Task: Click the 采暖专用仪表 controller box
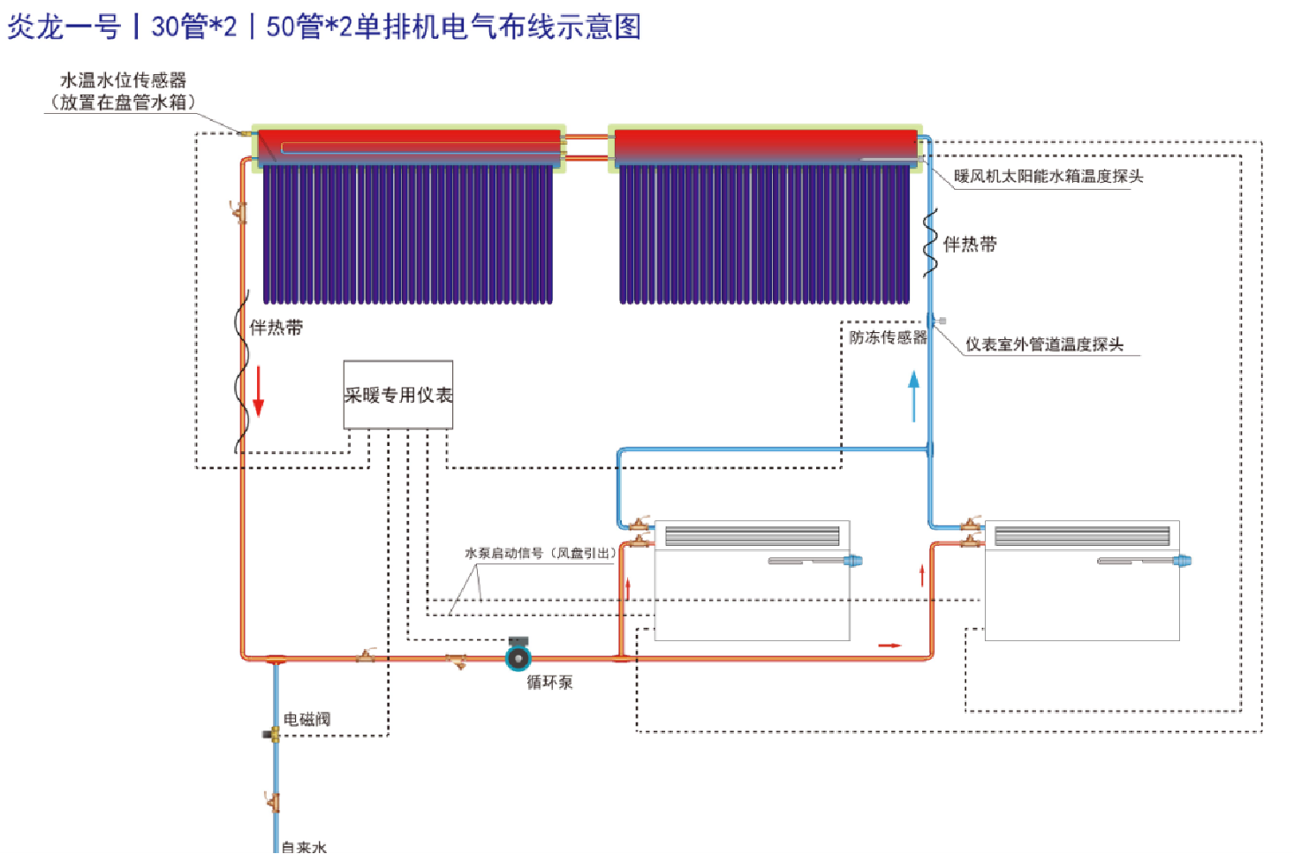pyautogui.click(x=398, y=395)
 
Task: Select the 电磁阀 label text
pyautogui.click(x=306, y=719)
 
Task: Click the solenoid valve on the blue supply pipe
pyautogui.click(x=272, y=735)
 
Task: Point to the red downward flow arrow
pyautogui.click(x=258, y=391)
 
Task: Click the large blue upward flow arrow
pyautogui.click(x=914, y=397)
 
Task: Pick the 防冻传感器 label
pyautogui.click(x=888, y=337)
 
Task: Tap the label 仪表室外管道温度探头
pyautogui.click(x=1044, y=344)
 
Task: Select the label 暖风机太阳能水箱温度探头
pyautogui.click(x=1048, y=176)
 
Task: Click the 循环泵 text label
pyautogui.click(x=549, y=683)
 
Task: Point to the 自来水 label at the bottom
pyautogui.click(x=304, y=847)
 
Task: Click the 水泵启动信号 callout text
pyautogui.click(x=541, y=553)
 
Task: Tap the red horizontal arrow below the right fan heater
pyautogui.click(x=889, y=645)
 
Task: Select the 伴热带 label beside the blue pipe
pyautogui.click(x=970, y=245)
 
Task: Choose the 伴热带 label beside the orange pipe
pyautogui.click(x=276, y=328)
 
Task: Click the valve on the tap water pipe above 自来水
pyautogui.click(x=272, y=802)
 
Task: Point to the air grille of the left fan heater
pyautogui.click(x=753, y=535)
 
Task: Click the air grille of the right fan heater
pyautogui.click(x=1082, y=535)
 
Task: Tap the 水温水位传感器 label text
pyautogui.click(x=124, y=80)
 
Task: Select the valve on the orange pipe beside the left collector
pyautogui.click(x=238, y=212)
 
